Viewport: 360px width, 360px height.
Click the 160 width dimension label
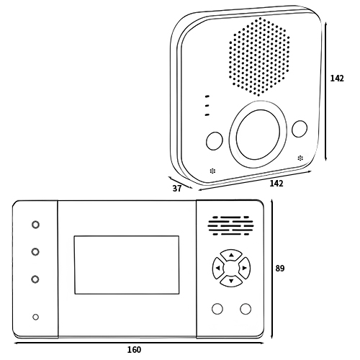click(x=134, y=350)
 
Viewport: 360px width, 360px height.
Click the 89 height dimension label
click(x=280, y=268)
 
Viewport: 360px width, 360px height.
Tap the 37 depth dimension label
click(x=177, y=189)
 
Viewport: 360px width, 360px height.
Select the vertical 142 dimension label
click(x=337, y=78)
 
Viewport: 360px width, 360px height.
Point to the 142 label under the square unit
click(x=276, y=184)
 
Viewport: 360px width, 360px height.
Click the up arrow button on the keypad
click(x=231, y=255)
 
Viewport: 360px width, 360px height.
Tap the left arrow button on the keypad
click(x=218, y=268)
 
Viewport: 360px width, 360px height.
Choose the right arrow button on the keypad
click(x=244, y=268)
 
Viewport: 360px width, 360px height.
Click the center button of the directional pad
click(x=231, y=268)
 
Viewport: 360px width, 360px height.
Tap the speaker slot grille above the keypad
click(x=230, y=225)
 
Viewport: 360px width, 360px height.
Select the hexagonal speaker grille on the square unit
click(x=259, y=57)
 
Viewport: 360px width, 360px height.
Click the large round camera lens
click(x=258, y=135)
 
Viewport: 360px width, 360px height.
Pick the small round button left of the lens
click(x=215, y=141)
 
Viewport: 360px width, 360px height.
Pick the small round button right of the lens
click(x=300, y=129)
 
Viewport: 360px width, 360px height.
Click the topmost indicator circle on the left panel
click(x=35, y=225)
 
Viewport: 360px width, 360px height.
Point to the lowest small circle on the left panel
click(x=35, y=317)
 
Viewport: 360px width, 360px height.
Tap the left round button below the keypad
click(x=217, y=309)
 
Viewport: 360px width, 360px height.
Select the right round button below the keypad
click(x=246, y=309)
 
